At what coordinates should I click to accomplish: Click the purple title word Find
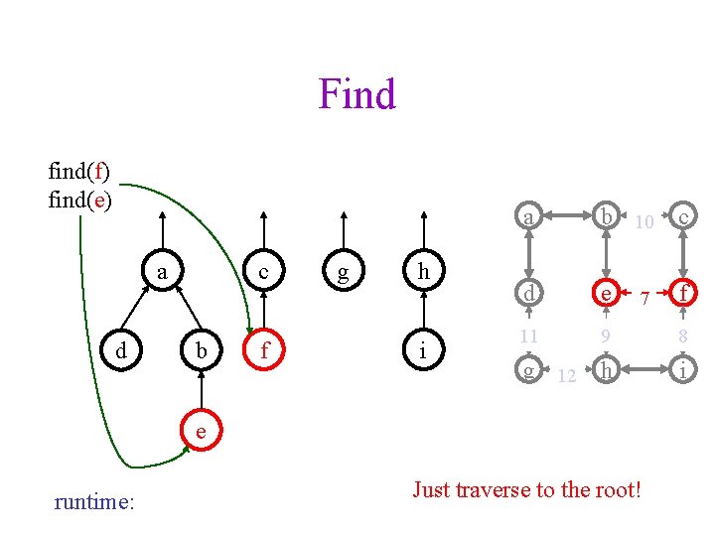coord(357,94)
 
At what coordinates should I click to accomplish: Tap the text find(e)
coord(79,200)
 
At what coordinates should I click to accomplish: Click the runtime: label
coord(94,502)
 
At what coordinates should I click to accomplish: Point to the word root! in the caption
coord(616,489)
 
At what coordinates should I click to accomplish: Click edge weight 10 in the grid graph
coord(644,222)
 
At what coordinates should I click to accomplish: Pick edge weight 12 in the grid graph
coord(567,376)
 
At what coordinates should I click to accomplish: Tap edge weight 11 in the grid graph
coord(530,337)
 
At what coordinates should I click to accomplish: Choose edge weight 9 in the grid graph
coord(604,337)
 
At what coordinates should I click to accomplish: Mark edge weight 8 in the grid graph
coord(682,337)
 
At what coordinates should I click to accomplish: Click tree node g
coord(343,271)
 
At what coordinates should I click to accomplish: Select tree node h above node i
coord(424,271)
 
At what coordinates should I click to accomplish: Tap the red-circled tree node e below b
coord(201,431)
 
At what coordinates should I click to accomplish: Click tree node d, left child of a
coord(120,350)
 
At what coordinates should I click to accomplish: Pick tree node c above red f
coord(263,271)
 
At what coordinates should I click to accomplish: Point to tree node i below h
coord(424,350)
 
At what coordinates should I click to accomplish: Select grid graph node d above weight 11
coord(530,293)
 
